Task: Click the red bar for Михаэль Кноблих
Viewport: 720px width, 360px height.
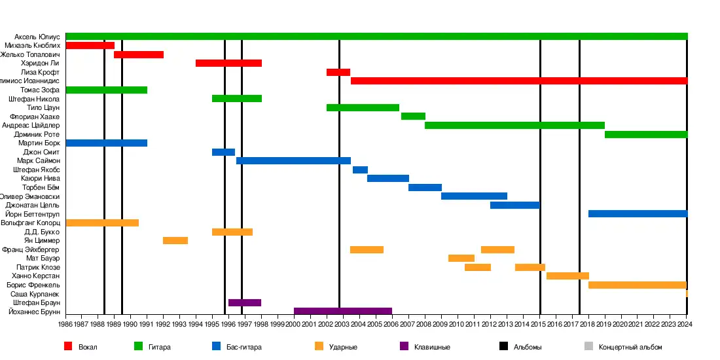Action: [90, 45]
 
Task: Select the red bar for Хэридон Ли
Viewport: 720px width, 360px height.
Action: [228, 63]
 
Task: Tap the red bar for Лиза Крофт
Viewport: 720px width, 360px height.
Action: [338, 72]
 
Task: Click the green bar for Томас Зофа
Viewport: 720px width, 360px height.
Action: [106, 90]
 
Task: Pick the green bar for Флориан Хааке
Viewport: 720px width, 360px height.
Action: [413, 116]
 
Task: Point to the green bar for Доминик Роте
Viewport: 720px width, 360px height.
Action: [645, 134]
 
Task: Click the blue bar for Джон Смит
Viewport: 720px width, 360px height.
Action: [223, 152]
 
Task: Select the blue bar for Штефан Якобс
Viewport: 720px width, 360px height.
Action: [360, 170]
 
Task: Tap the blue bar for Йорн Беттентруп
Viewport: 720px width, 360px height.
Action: [638, 213]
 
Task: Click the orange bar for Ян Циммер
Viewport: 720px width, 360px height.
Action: [175, 240]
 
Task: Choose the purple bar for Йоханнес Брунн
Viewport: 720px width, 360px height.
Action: [343, 312]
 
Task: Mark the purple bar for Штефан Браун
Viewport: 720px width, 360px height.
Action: [245, 302]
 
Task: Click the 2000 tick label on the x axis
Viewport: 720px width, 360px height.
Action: [294, 324]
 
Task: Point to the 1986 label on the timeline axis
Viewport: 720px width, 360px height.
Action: [65, 324]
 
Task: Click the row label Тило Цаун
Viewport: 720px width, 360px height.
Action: [44, 107]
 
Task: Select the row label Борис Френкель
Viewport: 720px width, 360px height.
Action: [33, 285]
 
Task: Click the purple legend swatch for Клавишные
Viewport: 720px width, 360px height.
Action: [404, 346]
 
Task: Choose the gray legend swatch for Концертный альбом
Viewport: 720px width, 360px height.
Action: [588, 346]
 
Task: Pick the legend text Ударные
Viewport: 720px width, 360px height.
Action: [343, 347]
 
